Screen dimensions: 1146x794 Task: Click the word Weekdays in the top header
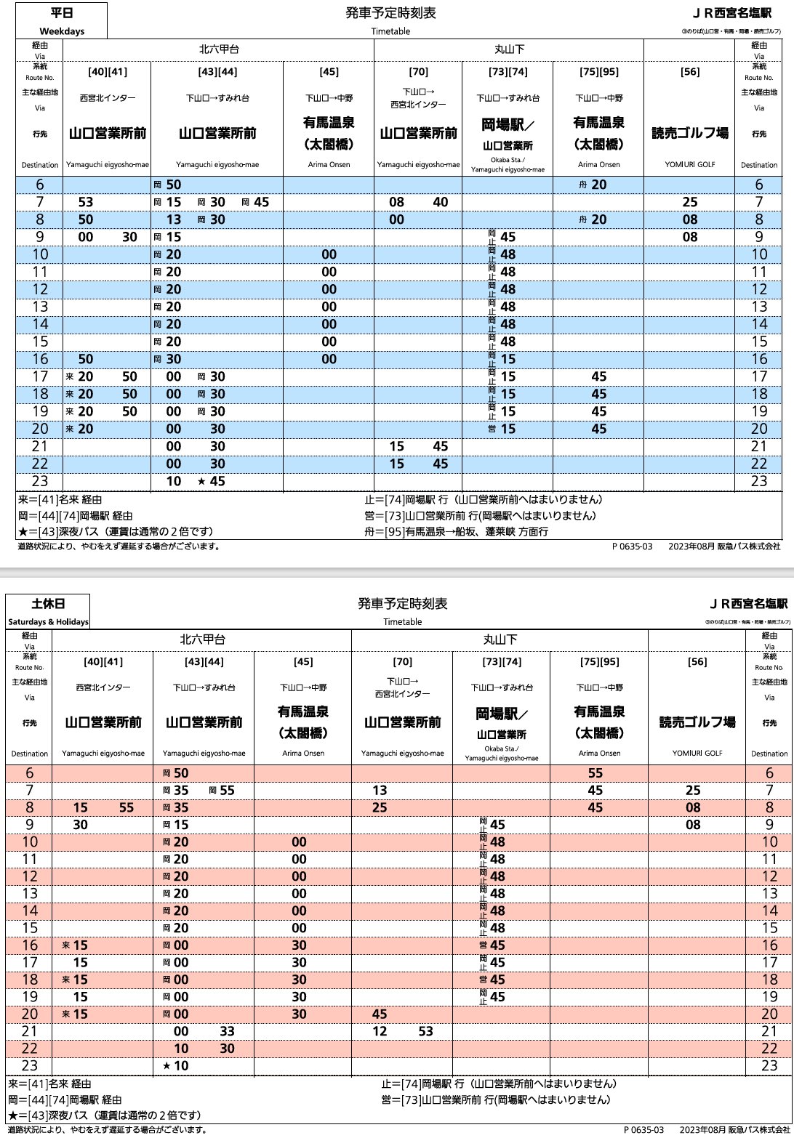click(62, 31)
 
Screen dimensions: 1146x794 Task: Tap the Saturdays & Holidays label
click(48, 622)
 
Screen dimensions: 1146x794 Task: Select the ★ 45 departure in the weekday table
click(212, 481)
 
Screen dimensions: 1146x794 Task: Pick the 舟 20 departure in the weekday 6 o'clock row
click(593, 185)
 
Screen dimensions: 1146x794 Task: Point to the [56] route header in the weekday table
click(690, 71)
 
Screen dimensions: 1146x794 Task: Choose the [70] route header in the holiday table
click(402, 661)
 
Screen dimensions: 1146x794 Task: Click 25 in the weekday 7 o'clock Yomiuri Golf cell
click(690, 202)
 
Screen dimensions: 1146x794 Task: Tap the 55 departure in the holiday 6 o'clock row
click(595, 773)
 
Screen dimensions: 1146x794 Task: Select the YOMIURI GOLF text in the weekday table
click(690, 164)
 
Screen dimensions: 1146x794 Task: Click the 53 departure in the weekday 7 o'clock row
click(86, 202)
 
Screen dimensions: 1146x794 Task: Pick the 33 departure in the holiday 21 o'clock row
click(228, 1031)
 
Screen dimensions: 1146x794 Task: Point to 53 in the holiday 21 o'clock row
click(425, 1031)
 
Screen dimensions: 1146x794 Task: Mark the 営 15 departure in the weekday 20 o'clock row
click(502, 429)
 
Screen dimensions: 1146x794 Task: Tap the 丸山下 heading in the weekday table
click(509, 49)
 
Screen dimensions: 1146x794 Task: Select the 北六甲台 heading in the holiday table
click(202, 639)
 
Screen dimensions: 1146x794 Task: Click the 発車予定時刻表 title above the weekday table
click(391, 13)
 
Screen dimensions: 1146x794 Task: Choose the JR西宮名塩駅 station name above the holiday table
click(748, 604)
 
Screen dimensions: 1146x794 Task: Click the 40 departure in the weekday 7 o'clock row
click(441, 202)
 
